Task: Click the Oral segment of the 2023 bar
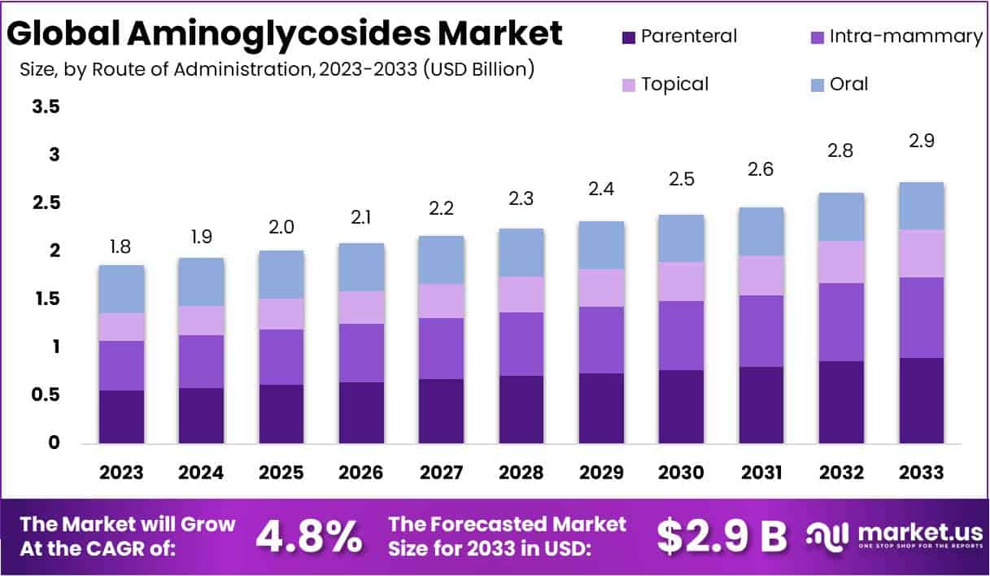tap(121, 289)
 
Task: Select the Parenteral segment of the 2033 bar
tap(922, 400)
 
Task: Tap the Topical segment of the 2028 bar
tap(521, 295)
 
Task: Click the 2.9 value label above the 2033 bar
tap(922, 141)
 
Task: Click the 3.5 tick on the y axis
tap(46, 107)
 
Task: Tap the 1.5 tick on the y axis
tap(46, 299)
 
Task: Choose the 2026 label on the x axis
tap(362, 473)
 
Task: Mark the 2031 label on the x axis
tap(761, 473)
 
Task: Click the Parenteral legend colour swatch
tap(628, 37)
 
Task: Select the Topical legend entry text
tap(674, 84)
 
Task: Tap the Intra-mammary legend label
tap(905, 37)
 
